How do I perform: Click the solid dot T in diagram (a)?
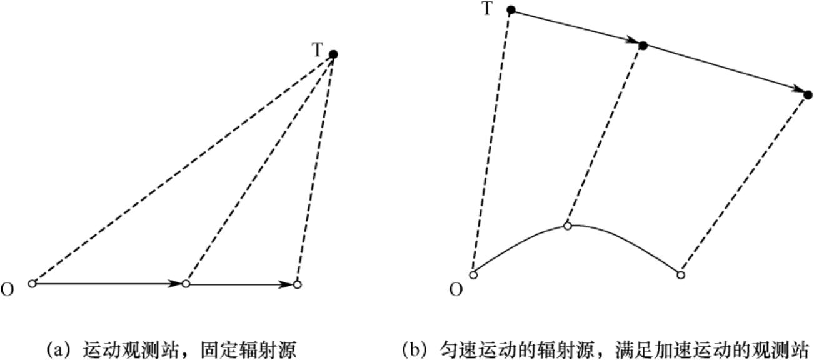click(333, 54)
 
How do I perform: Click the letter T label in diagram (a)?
click(318, 50)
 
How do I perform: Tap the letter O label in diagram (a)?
click(8, 290)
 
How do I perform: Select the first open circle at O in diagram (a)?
click(33, 284)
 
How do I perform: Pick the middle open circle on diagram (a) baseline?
click(186, 284)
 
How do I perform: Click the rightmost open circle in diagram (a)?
click(297, 284)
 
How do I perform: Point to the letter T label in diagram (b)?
click(488, 9)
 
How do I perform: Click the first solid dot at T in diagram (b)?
click(511, 10)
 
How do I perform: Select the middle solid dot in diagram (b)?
click(643, 46)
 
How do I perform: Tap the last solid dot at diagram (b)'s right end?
click(808, 95)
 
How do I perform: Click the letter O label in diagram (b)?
click(456, 290)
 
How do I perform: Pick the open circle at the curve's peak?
click(567, 226)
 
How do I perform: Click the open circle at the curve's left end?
click(473, 275)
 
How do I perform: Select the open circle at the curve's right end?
click(681, 275)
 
